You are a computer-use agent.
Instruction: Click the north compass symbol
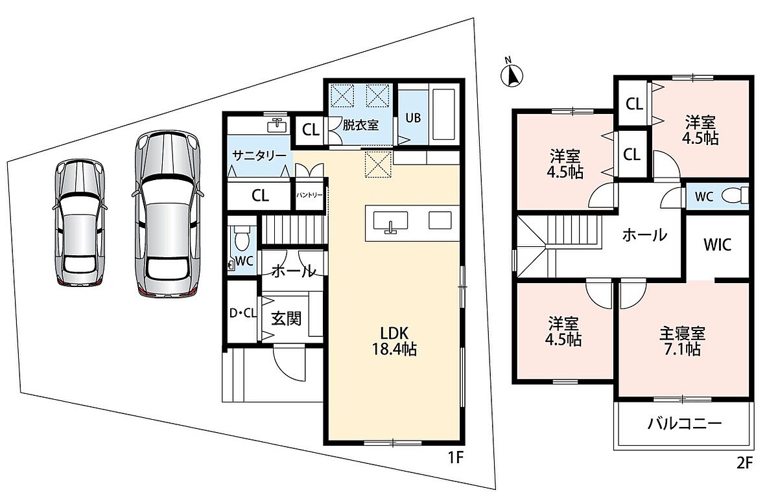coord(512,75)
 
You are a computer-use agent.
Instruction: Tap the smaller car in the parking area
coord(80,222)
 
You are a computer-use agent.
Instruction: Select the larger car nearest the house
coord(167,214)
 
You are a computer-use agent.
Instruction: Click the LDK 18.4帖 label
coord(394,341)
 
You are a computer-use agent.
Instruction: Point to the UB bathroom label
coord(413,118)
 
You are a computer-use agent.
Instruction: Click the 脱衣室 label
coord(360,125)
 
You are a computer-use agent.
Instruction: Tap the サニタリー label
coord(259,155)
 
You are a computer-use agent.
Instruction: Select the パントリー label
coord(309,195)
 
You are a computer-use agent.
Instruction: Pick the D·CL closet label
coord(242,313)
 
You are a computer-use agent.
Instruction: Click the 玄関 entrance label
coord(286,318)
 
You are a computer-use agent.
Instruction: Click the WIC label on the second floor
coord(718,245)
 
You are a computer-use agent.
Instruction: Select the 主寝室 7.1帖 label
coord(682,341)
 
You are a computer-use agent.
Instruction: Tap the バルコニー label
coord(683,424)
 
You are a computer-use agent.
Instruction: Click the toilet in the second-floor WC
coord(733,196)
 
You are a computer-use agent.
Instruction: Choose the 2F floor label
coord(744,463)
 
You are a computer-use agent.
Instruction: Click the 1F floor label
coord(456,458)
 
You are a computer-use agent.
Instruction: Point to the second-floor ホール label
coord(644,235)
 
